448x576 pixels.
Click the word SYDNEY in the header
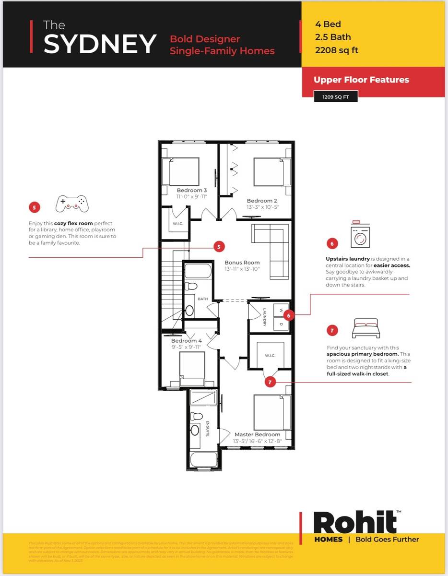[100, 44]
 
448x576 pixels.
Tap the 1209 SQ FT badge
[336, 96]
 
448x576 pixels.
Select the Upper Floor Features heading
[361, 80]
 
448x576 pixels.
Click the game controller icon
[72, 204]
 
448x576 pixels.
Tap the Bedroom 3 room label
[192, 191]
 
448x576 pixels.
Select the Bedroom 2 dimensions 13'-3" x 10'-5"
[262, 207]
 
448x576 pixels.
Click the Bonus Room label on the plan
[242, 263]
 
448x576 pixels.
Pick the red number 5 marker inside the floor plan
[219, 247]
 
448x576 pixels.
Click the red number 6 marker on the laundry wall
[288, 315]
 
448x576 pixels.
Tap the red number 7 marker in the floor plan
[270, 382]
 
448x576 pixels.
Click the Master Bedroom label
[257, 434]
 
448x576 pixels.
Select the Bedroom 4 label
[187, 341]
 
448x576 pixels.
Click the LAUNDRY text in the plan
[264, 317]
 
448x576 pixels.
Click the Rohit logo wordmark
[355, 522]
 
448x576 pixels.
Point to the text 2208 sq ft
[337, 50]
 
